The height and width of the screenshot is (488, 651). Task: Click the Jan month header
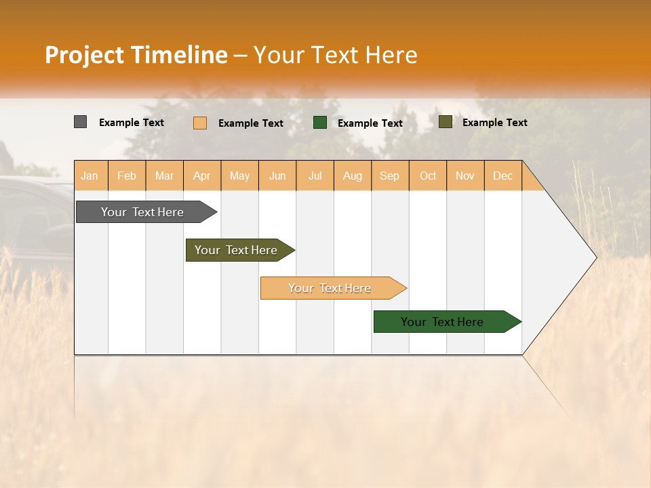point(90,176)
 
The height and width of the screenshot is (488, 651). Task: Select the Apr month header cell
point(202,176)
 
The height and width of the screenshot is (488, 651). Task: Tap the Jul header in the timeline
point(315,176)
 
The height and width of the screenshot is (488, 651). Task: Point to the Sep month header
point(390,176)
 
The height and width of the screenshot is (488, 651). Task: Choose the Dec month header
point(502,176)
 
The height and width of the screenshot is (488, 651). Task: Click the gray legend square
point(80,122)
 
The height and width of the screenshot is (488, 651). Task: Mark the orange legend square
point(200,123)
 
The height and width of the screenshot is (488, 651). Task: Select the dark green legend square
point(320,122)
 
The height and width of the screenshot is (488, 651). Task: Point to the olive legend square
point(446,122)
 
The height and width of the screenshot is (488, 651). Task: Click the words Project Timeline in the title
point(136,55)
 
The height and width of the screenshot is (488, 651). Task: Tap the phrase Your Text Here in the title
point(336,55)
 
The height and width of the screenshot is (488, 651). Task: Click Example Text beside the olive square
point(494,123)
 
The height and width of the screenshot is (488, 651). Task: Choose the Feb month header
point(127,176)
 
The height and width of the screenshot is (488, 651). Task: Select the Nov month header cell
point(465,176)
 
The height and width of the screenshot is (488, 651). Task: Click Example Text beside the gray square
point(132,123)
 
